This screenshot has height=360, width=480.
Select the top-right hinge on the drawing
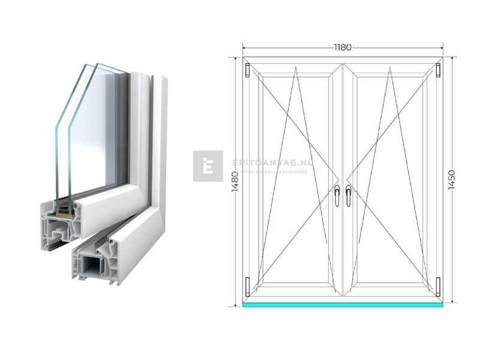[439, 70]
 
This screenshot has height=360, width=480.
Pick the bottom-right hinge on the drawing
[439, 286]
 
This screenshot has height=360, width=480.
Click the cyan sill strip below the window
[343, 304]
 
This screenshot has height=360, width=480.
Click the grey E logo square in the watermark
[208, 166]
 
